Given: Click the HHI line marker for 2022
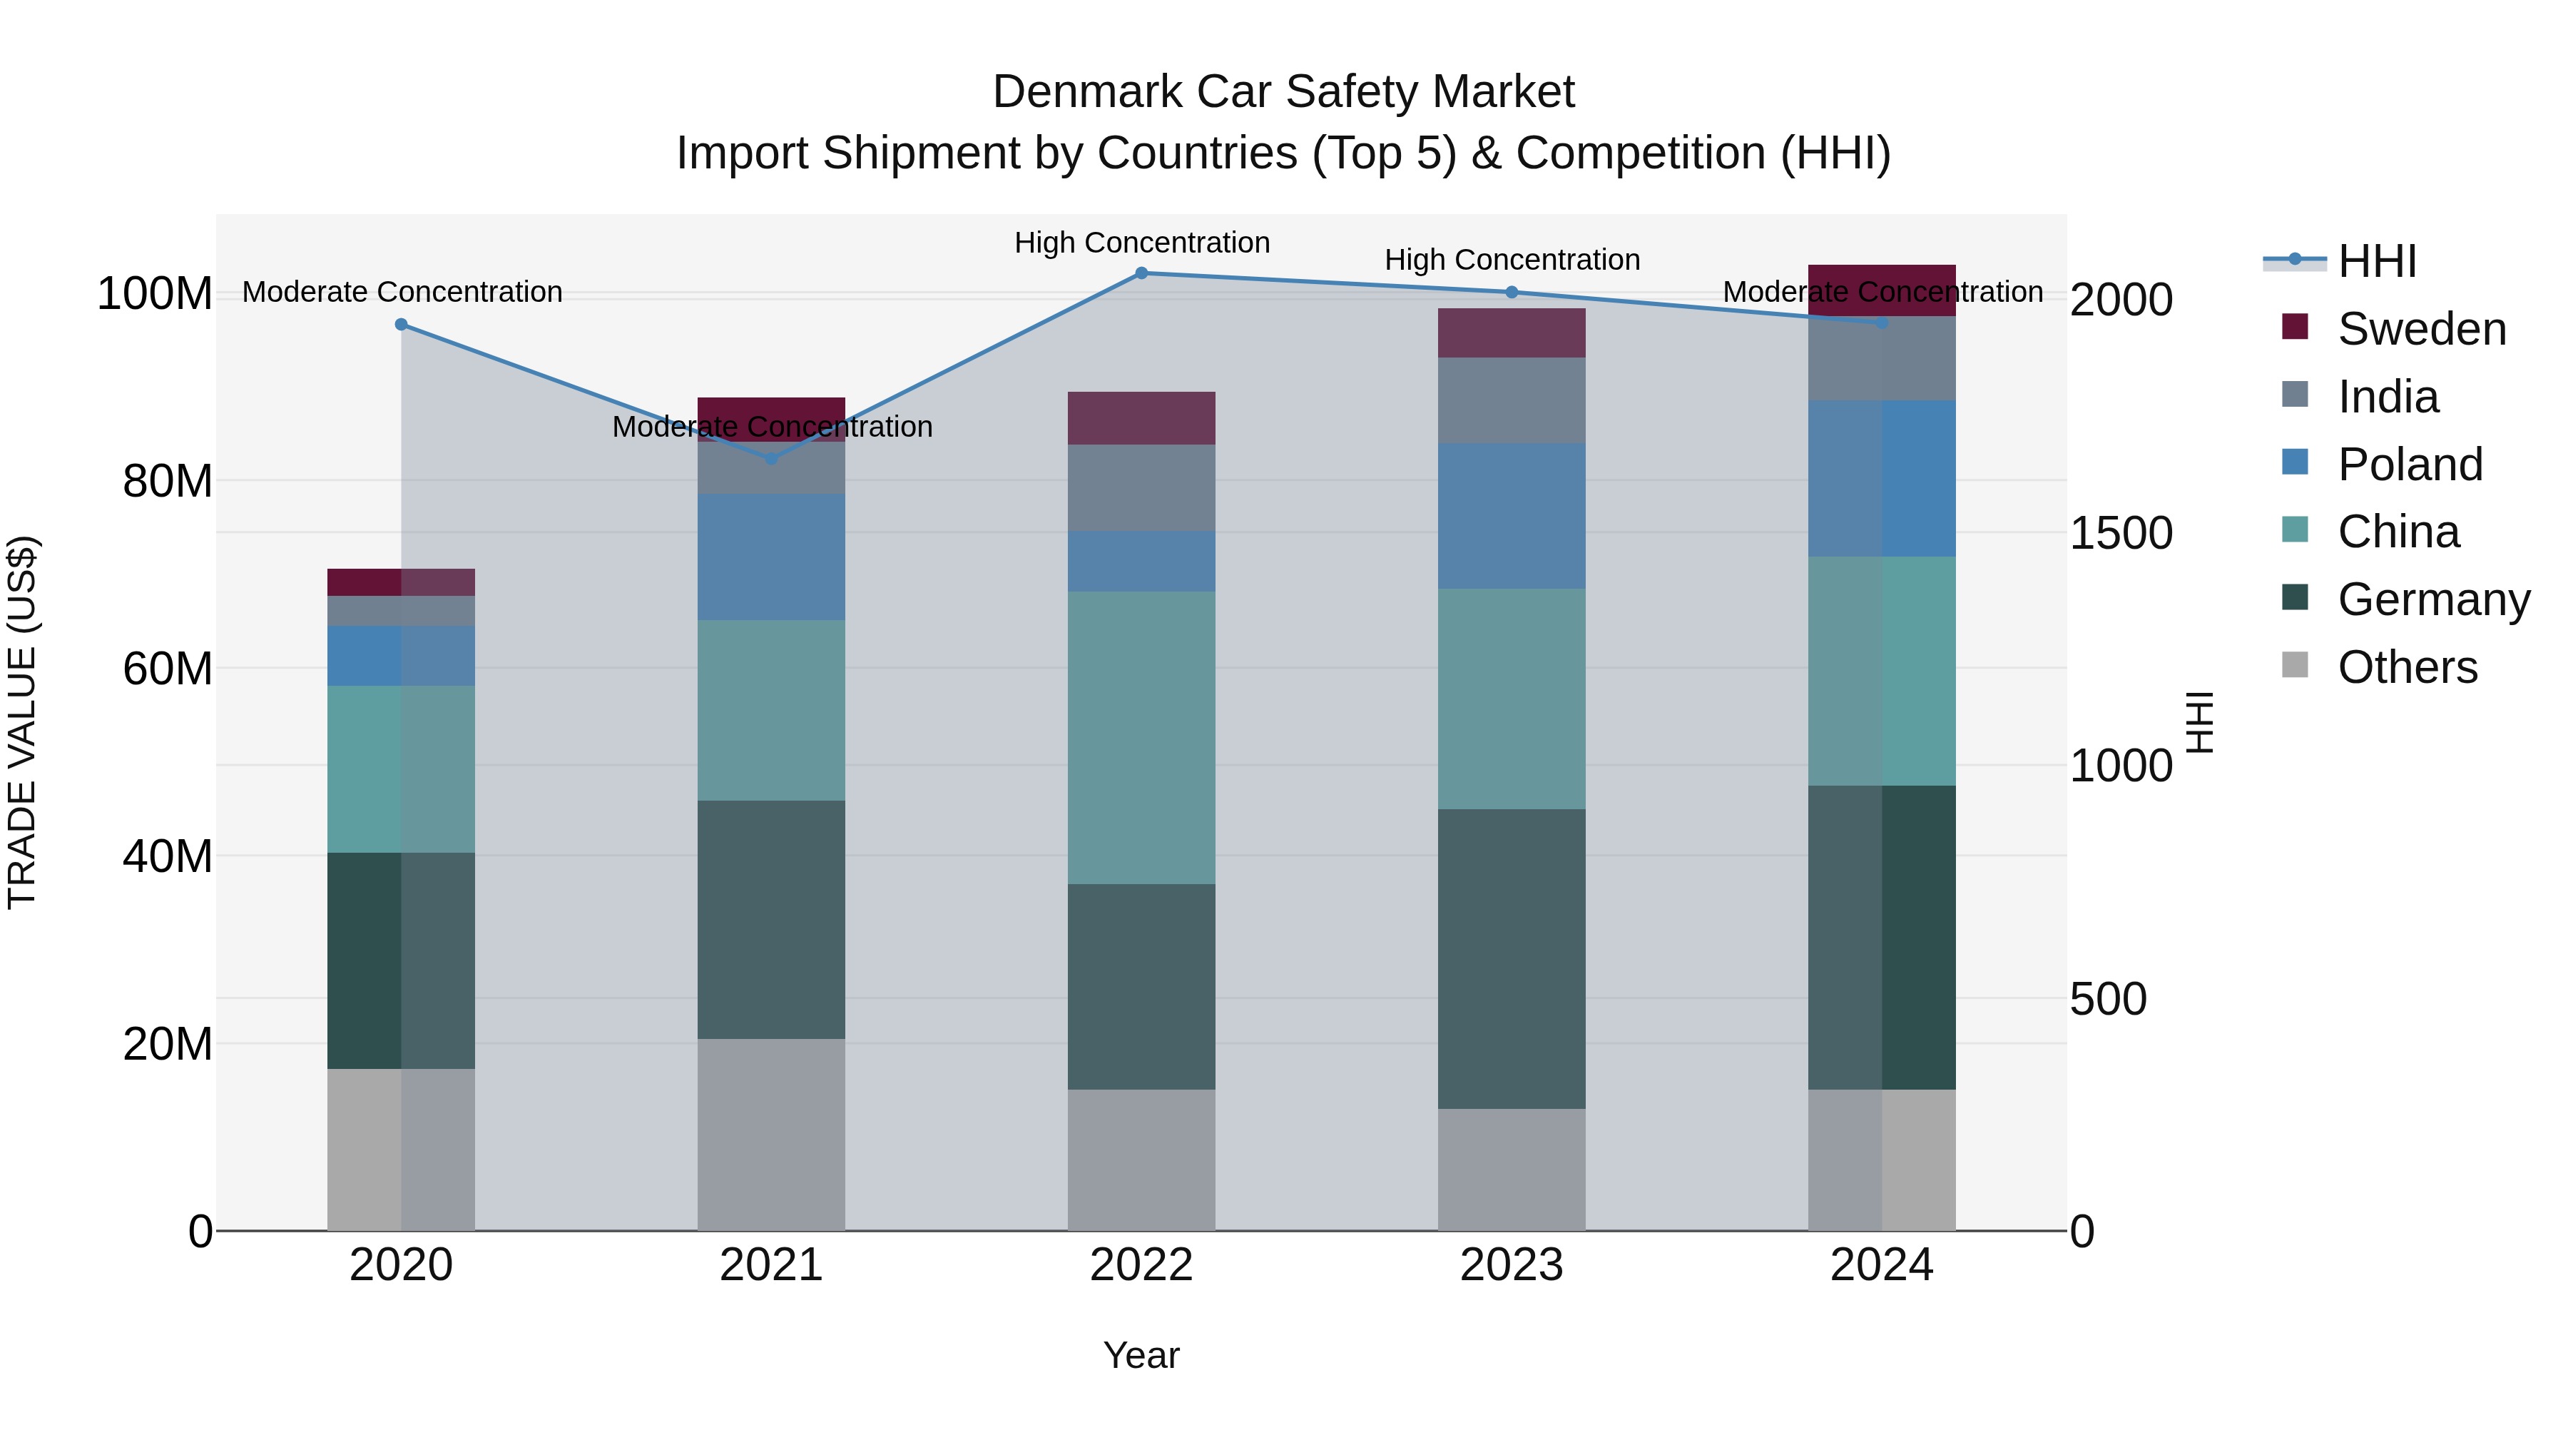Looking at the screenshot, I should (1141, 273).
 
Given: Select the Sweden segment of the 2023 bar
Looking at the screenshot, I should (1512, 333).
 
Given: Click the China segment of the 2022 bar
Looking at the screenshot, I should (1141, 738).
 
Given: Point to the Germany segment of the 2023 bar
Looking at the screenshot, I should (1512, 958).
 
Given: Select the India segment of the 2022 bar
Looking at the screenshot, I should (1141, 487).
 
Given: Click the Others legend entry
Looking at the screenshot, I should (2407, 667).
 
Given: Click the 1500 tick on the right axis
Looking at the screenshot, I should (2121, 534).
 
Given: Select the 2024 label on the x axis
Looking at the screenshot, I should (1881, 1265).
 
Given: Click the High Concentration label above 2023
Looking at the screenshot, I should (1512, 260).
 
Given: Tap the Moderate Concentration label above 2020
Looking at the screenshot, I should (402, 292).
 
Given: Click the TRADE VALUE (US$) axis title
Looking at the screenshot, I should (22, 722).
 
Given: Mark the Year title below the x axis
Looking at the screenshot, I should (1141, 1355).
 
